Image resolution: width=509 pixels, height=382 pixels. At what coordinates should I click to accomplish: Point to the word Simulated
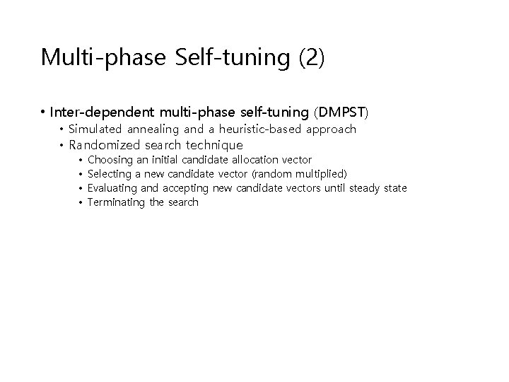click(95, 129)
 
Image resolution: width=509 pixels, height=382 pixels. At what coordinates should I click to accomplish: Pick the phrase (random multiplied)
click(299, 174)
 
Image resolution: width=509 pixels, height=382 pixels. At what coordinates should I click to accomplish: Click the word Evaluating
click(113, 188)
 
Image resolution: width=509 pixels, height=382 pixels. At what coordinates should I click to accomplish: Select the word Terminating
click(117, 202)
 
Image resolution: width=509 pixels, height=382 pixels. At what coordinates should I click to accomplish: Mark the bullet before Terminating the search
click(81, 203)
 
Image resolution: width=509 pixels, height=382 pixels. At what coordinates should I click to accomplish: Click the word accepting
click(185, 188)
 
